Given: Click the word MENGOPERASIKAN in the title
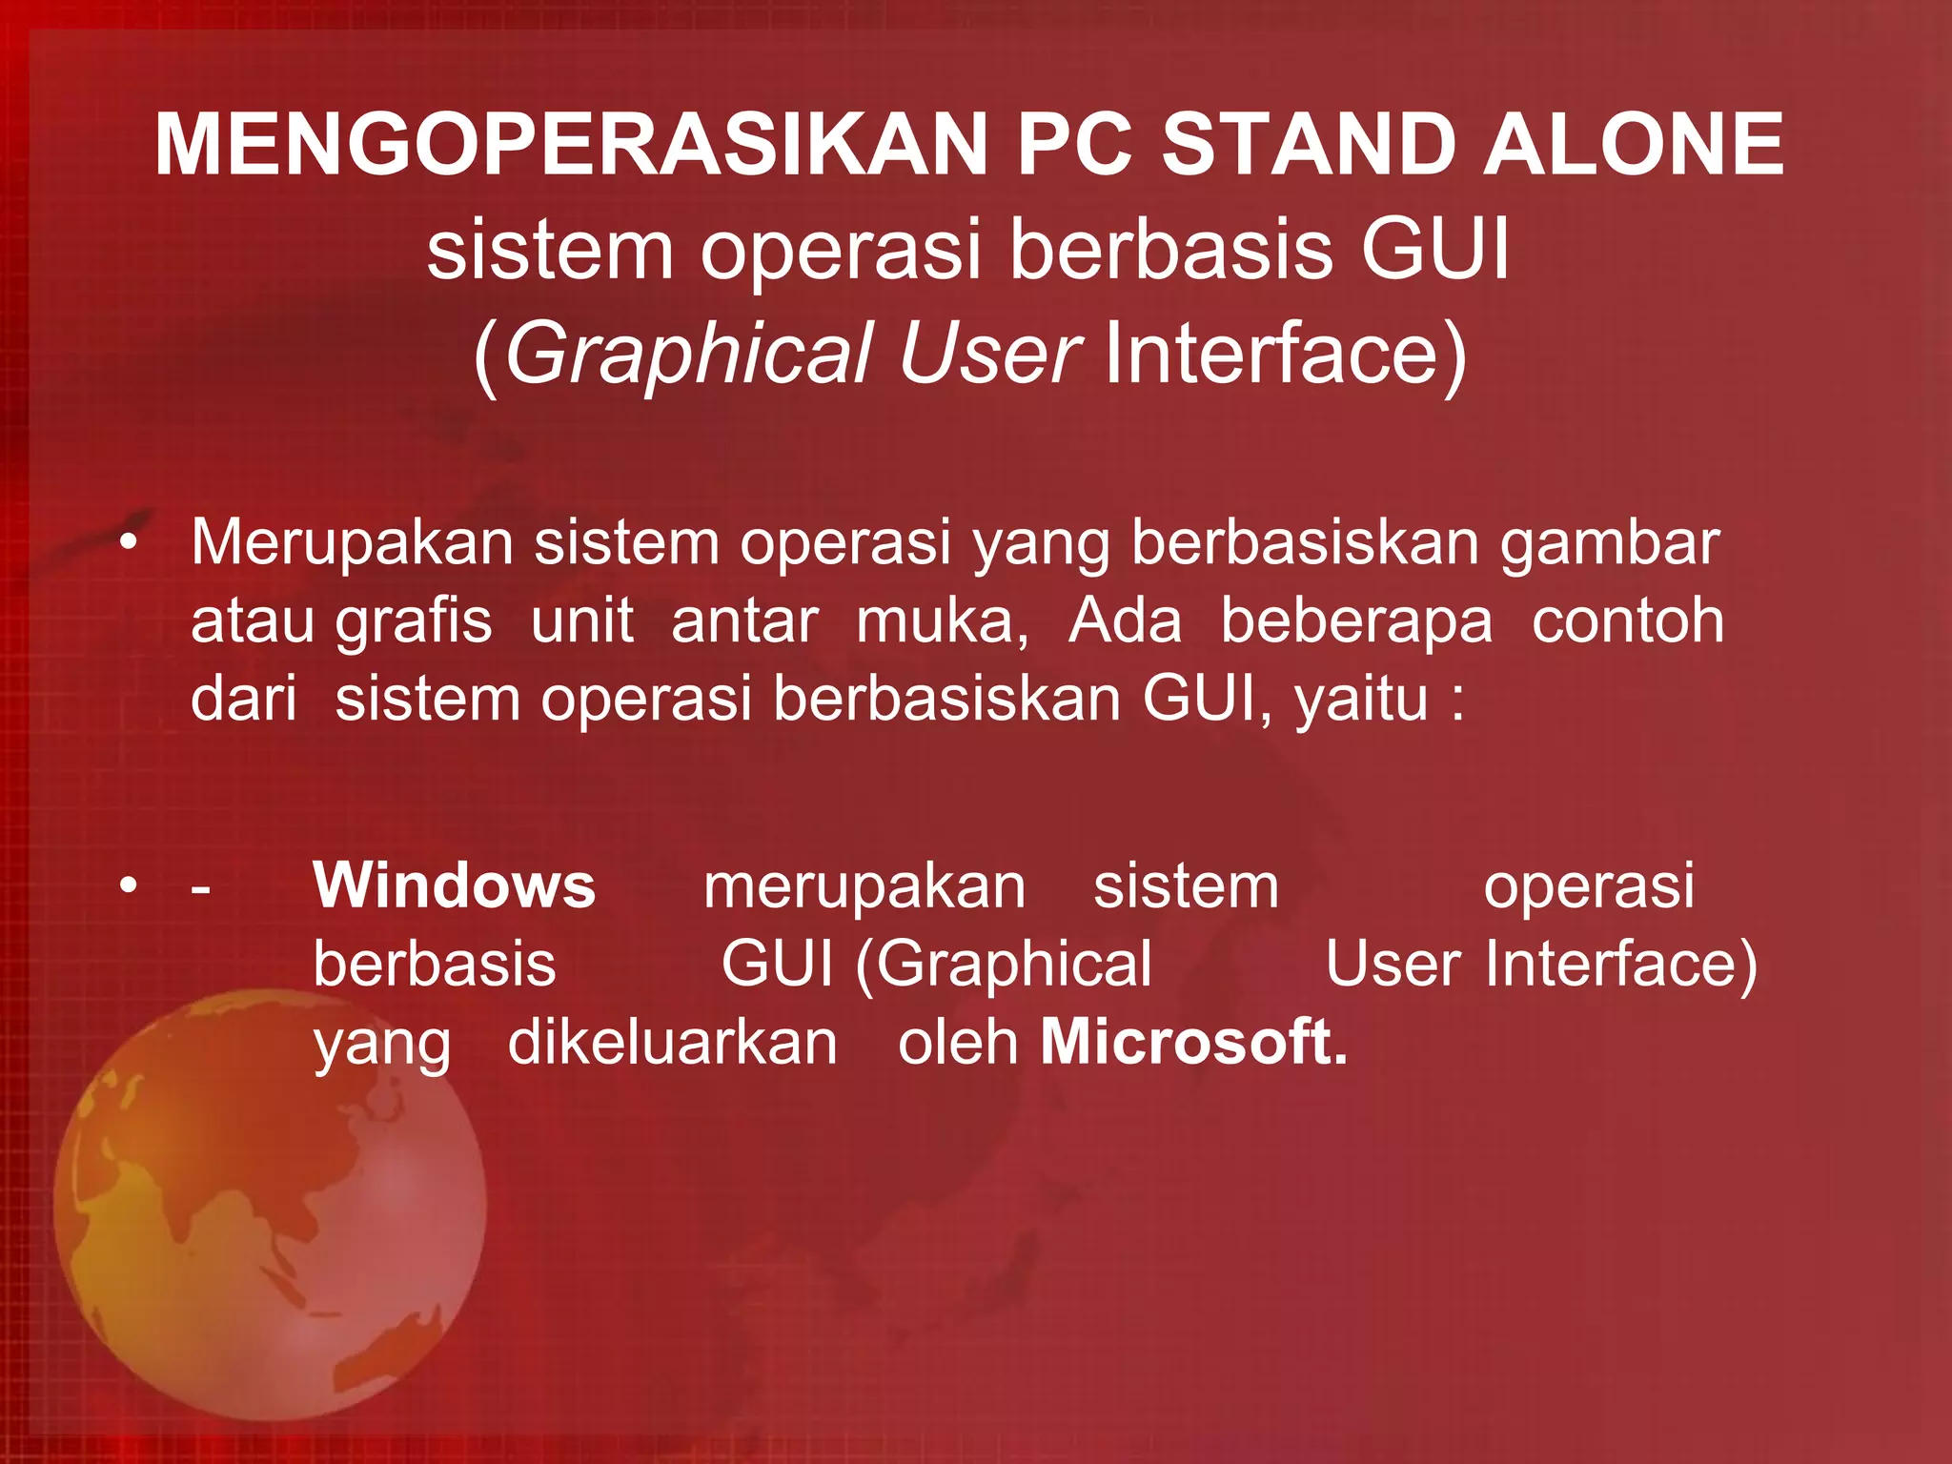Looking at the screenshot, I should pos(570,145).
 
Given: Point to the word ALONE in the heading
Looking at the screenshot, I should pos(1633,145).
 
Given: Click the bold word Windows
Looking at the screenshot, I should pos(455,885).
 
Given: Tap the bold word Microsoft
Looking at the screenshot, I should pos(1193,1042).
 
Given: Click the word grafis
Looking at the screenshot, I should pos(414,622).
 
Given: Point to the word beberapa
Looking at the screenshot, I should pos(1356,622).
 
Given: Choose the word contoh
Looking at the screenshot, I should pos(1628,622).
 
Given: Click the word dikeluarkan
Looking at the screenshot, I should pos(672,1042).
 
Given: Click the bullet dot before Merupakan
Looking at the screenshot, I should pos(129,543).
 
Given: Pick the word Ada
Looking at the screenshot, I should pos(1125,622).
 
